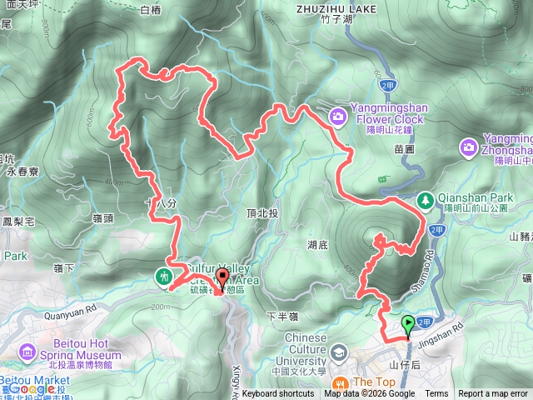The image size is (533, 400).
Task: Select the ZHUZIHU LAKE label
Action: click(336, 9)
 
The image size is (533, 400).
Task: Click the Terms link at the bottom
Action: click(436, 394)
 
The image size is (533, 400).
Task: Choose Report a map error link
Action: click(493, 394)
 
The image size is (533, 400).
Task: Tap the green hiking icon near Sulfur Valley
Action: click(163, 274)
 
